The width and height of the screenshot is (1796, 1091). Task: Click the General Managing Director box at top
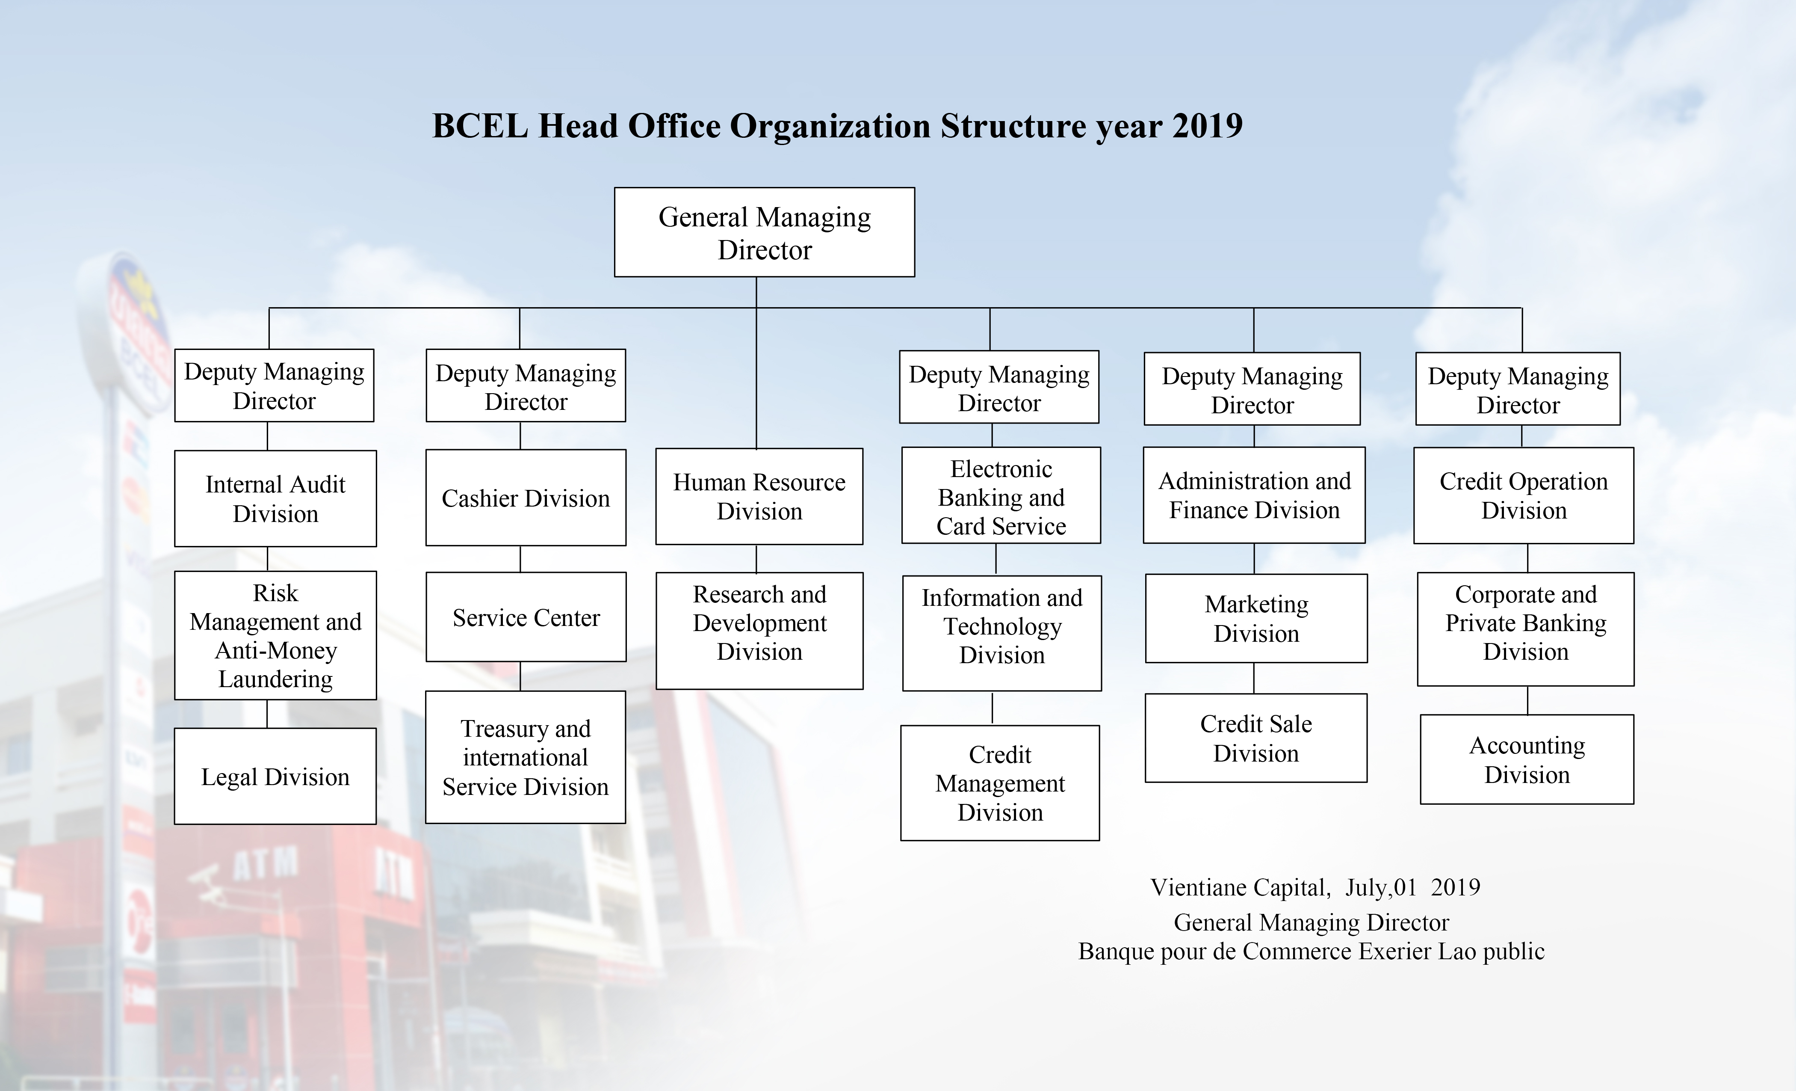point(764,233)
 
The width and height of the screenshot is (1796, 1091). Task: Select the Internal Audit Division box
point(275,499)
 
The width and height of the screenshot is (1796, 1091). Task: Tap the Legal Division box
point(275,777)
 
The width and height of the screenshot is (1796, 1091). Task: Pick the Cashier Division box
point(526,498)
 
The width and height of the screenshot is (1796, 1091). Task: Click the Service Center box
point(526,618)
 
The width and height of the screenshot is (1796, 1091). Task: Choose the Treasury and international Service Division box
point(526,758)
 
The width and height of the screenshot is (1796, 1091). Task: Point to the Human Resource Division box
point(759,497)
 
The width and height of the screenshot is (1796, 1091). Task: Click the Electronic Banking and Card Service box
point(1001,497)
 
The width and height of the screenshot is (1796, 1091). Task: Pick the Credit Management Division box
point(1000,783)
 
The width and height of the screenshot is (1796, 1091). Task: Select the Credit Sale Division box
point(1256,738)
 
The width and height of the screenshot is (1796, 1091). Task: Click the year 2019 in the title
point(1207,126)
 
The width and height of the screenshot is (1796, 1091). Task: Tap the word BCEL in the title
point(480,126)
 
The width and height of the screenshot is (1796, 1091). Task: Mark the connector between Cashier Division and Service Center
point(520,559)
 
